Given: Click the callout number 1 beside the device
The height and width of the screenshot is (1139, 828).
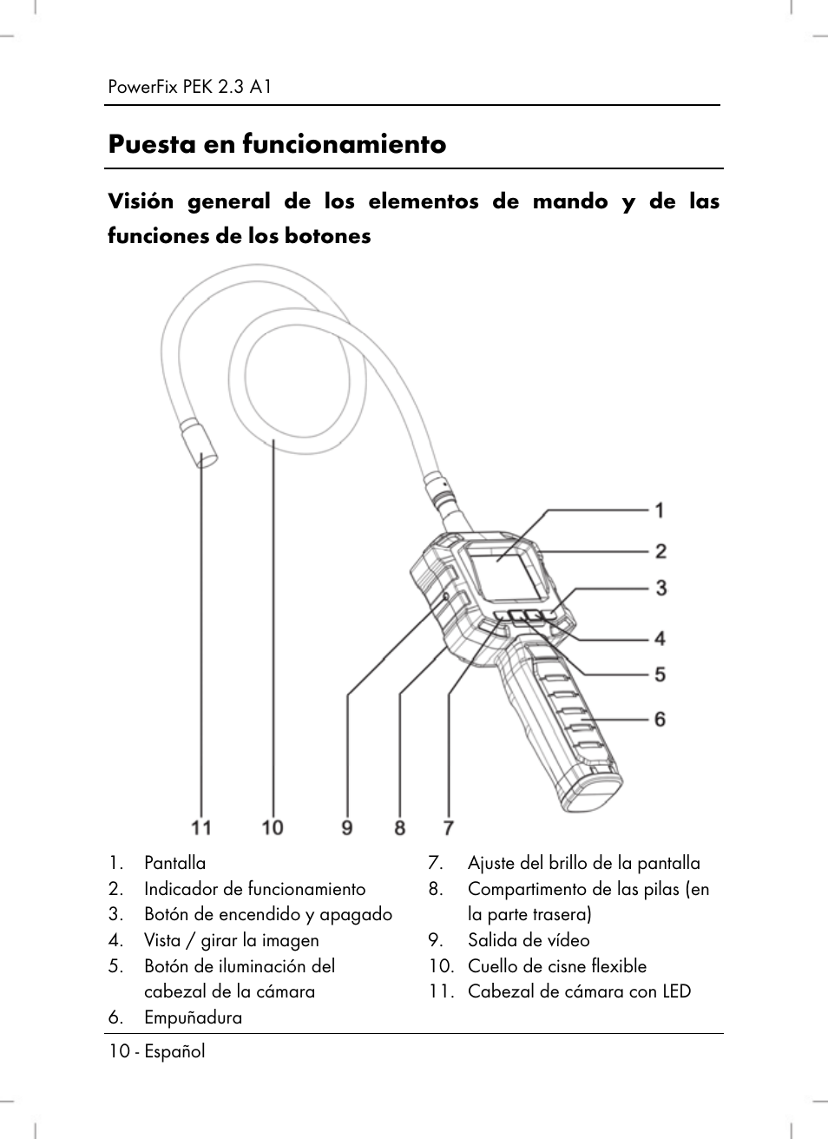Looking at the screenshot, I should tap(660, 510).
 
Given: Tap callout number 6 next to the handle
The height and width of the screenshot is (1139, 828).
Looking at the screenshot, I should tap(660, 719).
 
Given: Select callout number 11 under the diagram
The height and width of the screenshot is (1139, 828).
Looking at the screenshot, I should tap(201, 827).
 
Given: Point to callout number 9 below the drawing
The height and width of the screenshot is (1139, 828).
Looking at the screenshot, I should tap(347, 827).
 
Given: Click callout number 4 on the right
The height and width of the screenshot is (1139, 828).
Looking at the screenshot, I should tap(660, 639).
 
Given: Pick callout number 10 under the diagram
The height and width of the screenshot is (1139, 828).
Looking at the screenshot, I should tap(273, 827).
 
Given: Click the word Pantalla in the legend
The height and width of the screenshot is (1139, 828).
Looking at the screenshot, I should tap(175, 863).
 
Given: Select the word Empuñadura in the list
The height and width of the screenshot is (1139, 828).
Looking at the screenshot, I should tap(193, 1017).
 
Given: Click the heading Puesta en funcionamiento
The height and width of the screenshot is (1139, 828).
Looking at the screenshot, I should tap(277, 144).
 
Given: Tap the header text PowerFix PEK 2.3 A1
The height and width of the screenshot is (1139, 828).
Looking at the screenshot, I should tap(191, 87).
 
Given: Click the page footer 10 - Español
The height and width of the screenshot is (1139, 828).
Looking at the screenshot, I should tap(157, 1051).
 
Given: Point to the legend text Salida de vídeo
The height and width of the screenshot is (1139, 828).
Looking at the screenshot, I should tap(529, 940).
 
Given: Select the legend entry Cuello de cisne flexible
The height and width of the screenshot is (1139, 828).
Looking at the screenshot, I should tap(557, 966).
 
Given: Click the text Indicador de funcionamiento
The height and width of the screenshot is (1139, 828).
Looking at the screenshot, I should tap(255, 889).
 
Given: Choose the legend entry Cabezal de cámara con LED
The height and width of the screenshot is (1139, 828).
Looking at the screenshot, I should tap(579, 991).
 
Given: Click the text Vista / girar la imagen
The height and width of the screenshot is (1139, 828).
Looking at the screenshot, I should tap(232, 940).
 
